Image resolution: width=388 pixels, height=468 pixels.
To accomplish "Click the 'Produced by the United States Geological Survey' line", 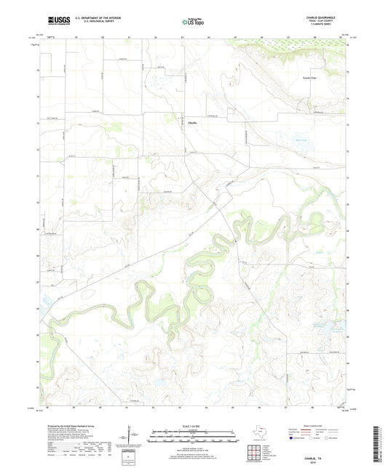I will pos(68,424).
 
